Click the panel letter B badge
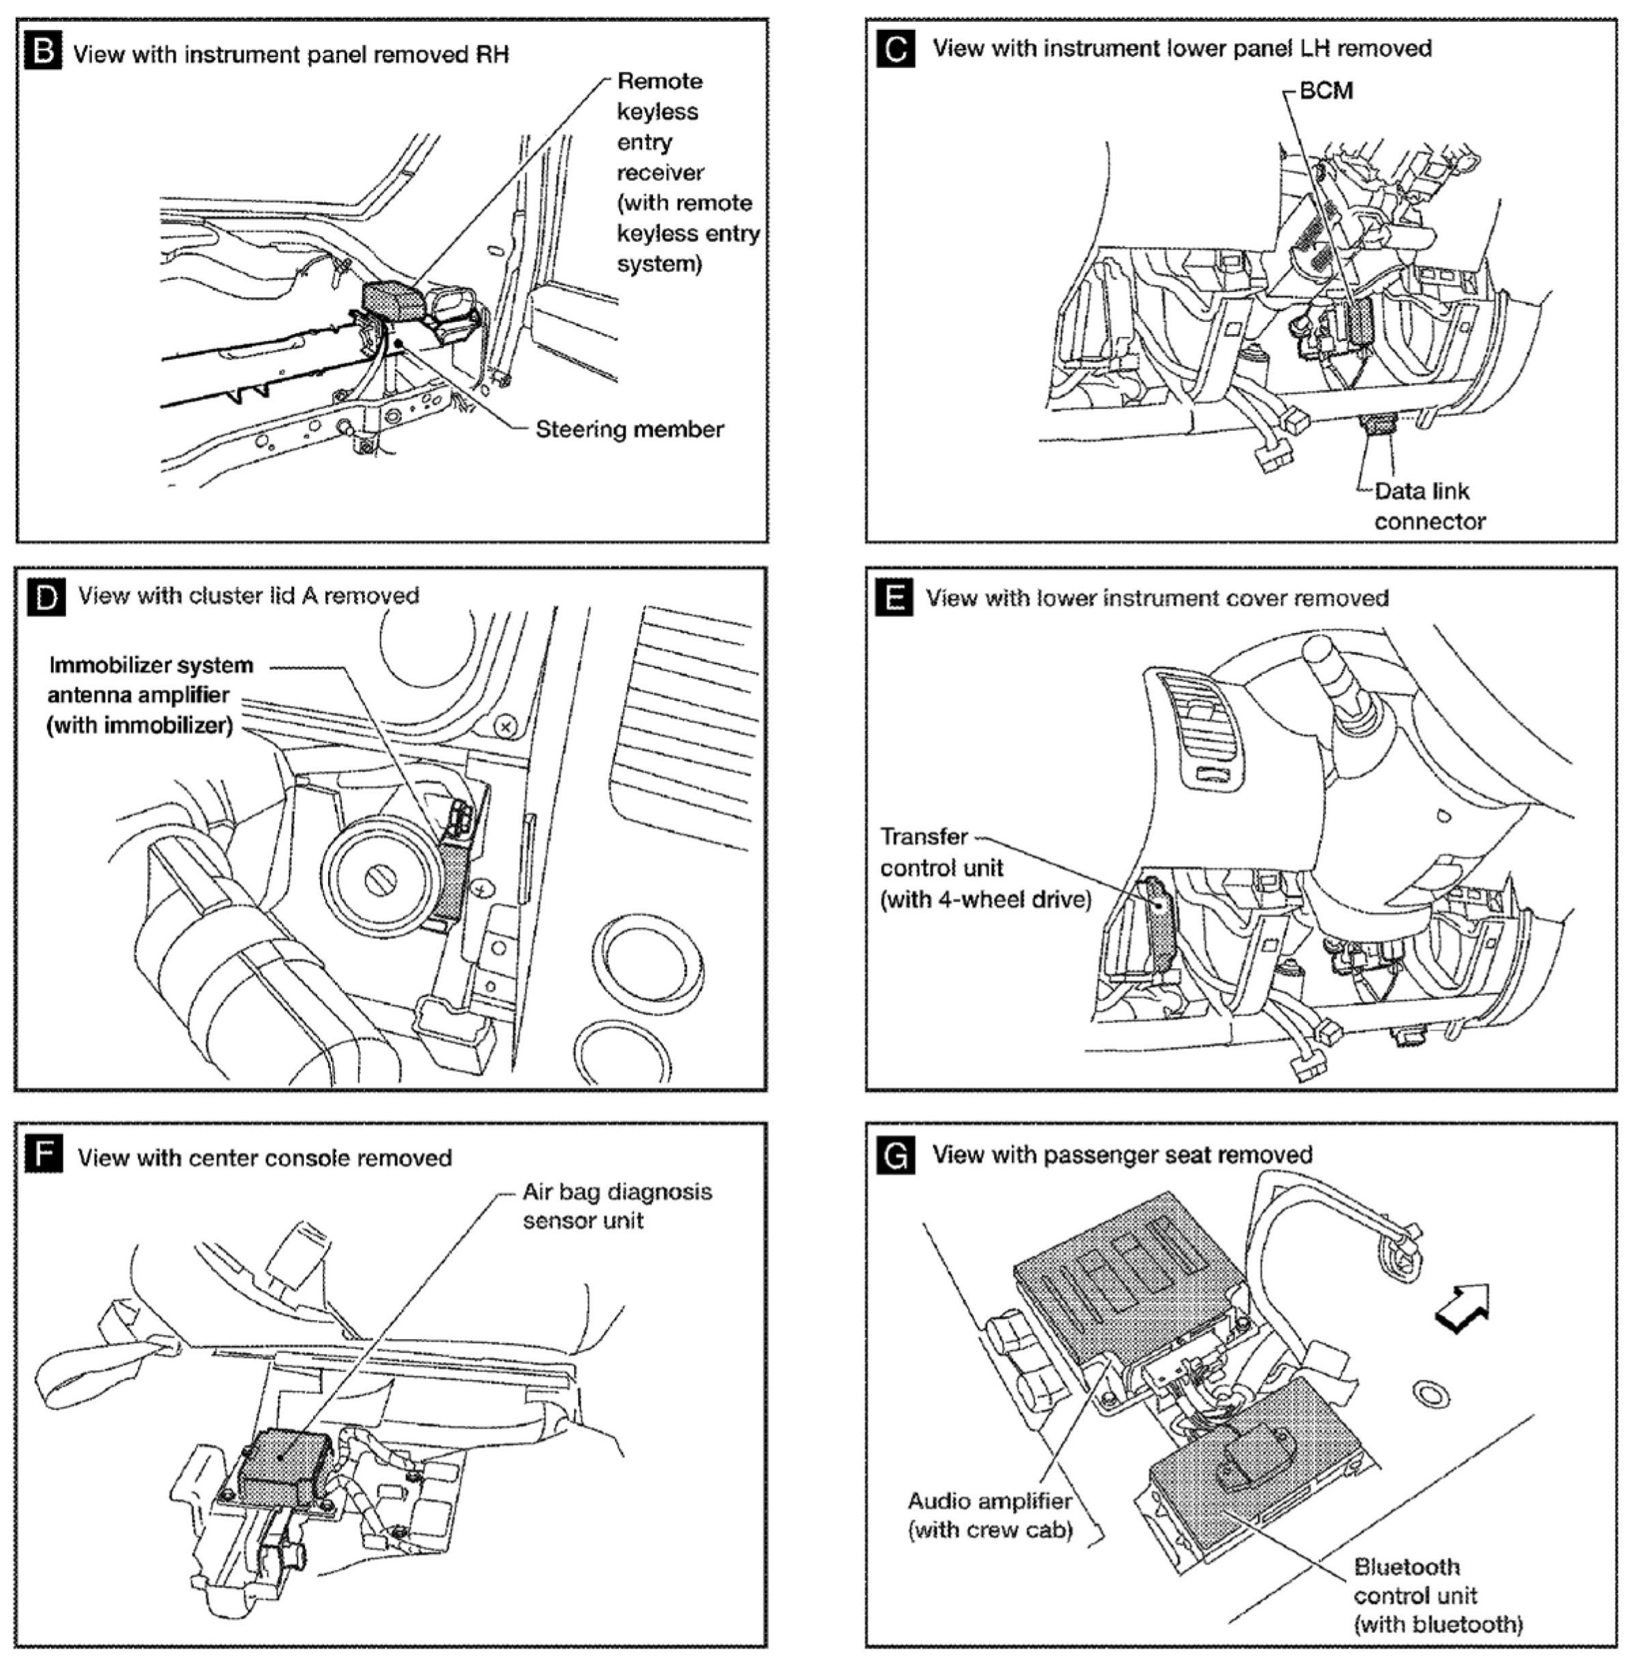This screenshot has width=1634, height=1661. click(45, 53)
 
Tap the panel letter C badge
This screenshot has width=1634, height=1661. click(896, 49)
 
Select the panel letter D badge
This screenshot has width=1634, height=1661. click(45, 596)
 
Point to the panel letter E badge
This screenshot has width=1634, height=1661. click(896, 597)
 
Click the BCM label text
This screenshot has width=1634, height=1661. click(1326, 91)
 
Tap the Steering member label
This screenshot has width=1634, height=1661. click(629, 429)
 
